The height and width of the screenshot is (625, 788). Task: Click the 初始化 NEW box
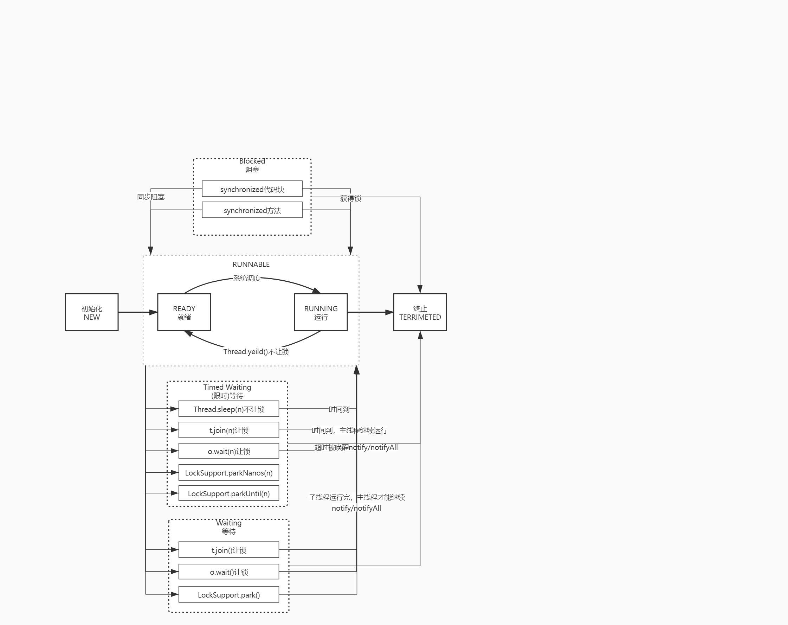click(x=91, y=312)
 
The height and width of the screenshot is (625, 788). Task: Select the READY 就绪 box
click(x=184, y=312)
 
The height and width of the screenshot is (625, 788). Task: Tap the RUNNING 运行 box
click(x=321, y=312)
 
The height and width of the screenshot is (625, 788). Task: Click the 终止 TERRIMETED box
click(x=420, y=312)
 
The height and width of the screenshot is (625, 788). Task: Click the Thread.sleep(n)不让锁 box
click(x=228, y=409)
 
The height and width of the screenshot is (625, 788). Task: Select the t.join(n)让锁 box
click(x=228, y=430)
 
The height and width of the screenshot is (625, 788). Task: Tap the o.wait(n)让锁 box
click(x=228, y=451)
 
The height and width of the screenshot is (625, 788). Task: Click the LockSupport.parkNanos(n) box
click(x=228, y=472)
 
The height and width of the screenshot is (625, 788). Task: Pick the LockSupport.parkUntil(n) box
click(x=228, y=493)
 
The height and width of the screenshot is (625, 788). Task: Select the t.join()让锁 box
click(x=228, y=550)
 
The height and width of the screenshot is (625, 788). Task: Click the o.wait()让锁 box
click(x=228, y=572)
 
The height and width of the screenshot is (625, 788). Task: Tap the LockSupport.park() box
click(x=228, y=595)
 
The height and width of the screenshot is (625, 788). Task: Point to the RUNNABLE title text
click(x=251, y=264)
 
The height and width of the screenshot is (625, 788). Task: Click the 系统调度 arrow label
click(x=247, y=278)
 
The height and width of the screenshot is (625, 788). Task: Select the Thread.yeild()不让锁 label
click(x=256, y=351)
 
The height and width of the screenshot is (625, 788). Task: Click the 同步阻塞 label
click(x=150, y=197)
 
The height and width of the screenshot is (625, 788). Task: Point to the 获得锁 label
click(x=350, y=199)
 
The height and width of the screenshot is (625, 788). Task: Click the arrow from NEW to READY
click(x=137, y=312)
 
